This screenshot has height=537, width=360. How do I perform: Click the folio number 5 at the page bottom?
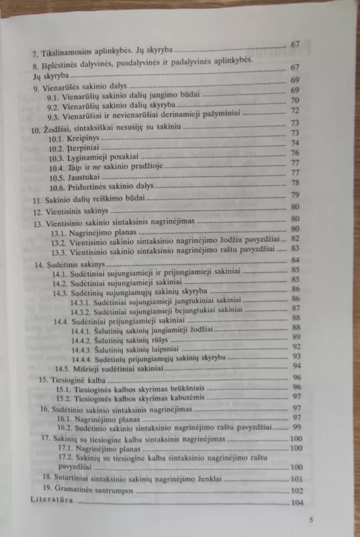click(x=310, y=520)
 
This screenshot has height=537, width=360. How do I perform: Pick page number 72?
click(x=294, y=110)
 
